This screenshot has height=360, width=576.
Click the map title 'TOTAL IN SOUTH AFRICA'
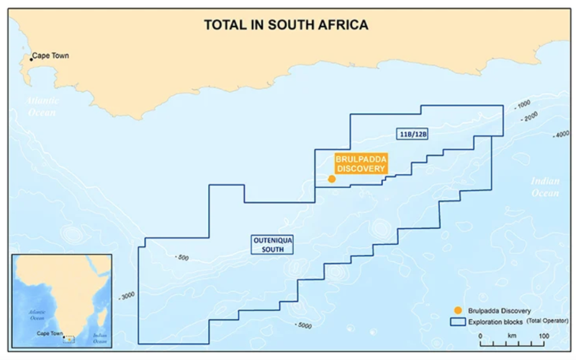coord(287,25)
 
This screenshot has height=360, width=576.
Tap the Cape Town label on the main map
coord(50,56)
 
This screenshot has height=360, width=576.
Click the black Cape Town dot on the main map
coord(30,58)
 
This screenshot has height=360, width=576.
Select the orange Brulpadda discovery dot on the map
coord(331,179)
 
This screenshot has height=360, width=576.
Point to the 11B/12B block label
coord(413,134)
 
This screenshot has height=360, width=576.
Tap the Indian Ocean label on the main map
coord(544,187)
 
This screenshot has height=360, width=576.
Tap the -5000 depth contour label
coord(302,325)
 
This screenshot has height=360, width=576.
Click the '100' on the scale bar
coord(542,336)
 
